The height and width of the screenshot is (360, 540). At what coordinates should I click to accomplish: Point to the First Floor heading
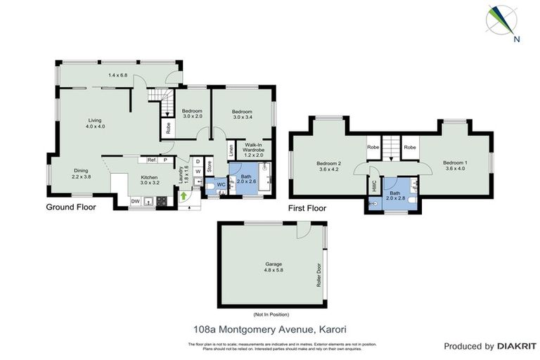(307, 209)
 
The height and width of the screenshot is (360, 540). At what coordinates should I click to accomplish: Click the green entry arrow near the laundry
(184, 196)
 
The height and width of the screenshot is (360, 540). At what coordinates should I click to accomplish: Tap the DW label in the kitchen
(135, 202)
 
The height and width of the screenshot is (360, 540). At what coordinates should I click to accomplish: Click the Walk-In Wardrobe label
(253, 151)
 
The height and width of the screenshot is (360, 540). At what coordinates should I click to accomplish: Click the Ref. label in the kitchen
(151, 160)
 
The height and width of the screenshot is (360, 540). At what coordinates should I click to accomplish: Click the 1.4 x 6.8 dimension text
(118, 75)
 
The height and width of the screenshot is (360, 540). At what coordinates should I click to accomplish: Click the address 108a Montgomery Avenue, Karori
(271, 328)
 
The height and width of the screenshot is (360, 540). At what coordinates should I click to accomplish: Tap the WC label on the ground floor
(220, 185)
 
